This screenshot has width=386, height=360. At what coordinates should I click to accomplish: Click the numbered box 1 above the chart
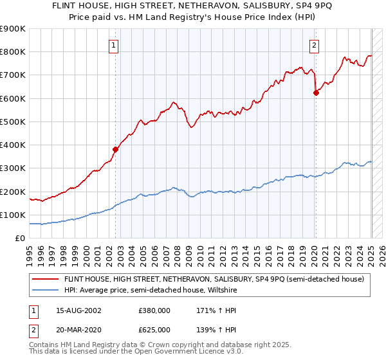click(x=113, y=45)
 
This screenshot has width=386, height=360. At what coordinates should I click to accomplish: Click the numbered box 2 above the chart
click(x=314, y=45)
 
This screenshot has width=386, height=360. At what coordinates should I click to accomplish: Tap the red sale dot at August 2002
click(x=116, y=149)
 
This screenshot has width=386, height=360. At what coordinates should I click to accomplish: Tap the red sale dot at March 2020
click(x=316, y=93)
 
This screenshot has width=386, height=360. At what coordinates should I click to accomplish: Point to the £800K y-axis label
click(x=13, y=52)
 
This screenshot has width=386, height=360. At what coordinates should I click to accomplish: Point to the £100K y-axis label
click(x=13, y=215)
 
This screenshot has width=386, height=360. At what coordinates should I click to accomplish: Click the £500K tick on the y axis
click(x=13, y=122)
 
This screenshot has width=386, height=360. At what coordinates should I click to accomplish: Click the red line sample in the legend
click(x=45, y=279)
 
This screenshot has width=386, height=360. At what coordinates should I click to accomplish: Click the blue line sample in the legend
click(x=45, y=290)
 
